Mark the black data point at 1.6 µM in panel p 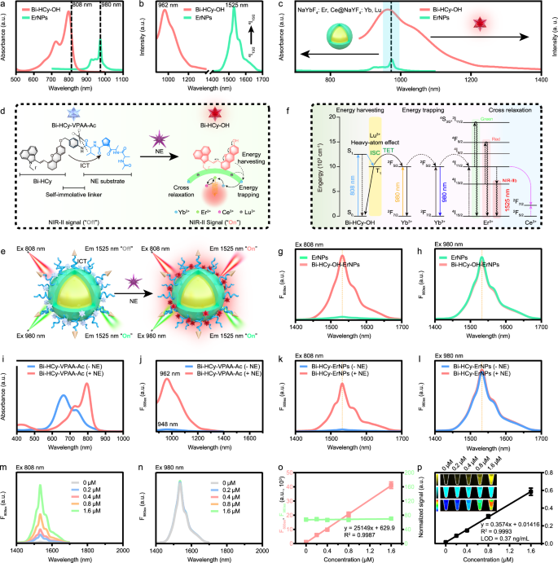530,490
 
